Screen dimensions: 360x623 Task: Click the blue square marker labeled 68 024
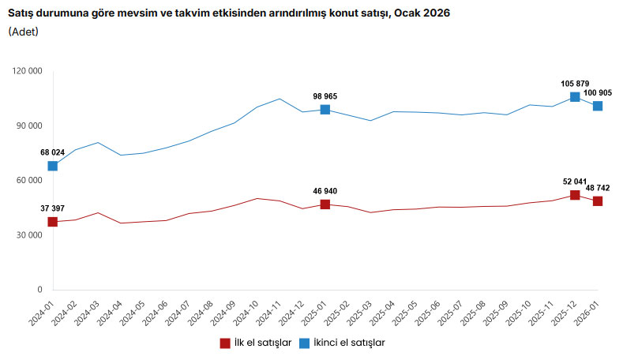click(x=52, y=166)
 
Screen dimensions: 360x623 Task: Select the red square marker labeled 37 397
click(x=52, y=222)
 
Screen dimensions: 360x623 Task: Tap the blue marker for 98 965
click(x=325, y=110)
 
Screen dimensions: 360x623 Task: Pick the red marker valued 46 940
click(x=325, y=204)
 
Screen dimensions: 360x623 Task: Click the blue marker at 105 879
click(x=575, y=97)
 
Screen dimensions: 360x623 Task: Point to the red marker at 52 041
click(x=575, y=195)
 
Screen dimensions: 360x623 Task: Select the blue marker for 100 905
click(x=598, y=106)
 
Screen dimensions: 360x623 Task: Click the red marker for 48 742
click(x=598, y=201)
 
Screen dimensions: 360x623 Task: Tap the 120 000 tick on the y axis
click(x=27, y=71)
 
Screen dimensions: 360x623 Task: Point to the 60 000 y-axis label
click(x=29, y=180)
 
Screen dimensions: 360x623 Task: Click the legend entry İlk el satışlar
click(x=261, y=343)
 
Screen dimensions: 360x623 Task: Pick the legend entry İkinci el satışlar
click(x=352, y=343)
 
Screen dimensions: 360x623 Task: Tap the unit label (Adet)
click(x=24, y=32)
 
